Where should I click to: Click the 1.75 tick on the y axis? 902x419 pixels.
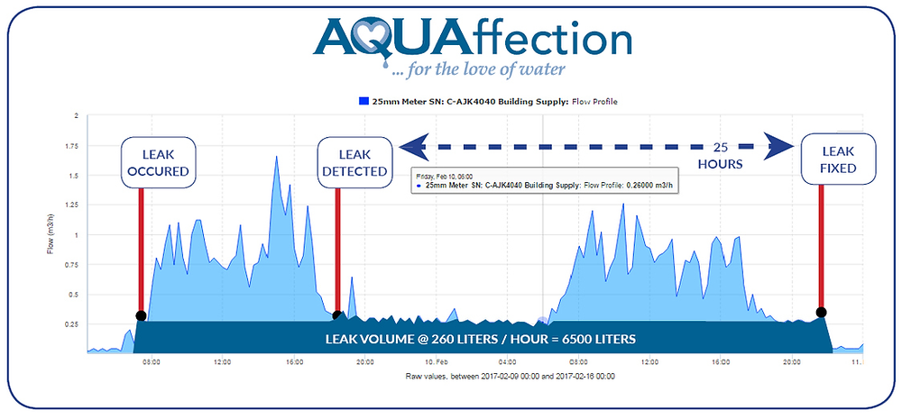point(75,146)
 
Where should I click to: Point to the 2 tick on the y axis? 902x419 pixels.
point(77,116)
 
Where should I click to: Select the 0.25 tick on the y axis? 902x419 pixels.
point(75,324)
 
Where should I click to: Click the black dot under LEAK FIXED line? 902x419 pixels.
point(821,313)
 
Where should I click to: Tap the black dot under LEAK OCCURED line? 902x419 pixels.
point(140,315)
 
